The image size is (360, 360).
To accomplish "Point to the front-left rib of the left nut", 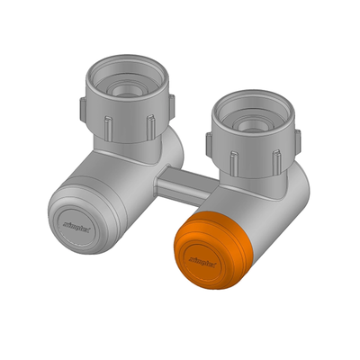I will pos(105,127).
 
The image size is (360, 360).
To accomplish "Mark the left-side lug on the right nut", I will pos(208,140).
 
